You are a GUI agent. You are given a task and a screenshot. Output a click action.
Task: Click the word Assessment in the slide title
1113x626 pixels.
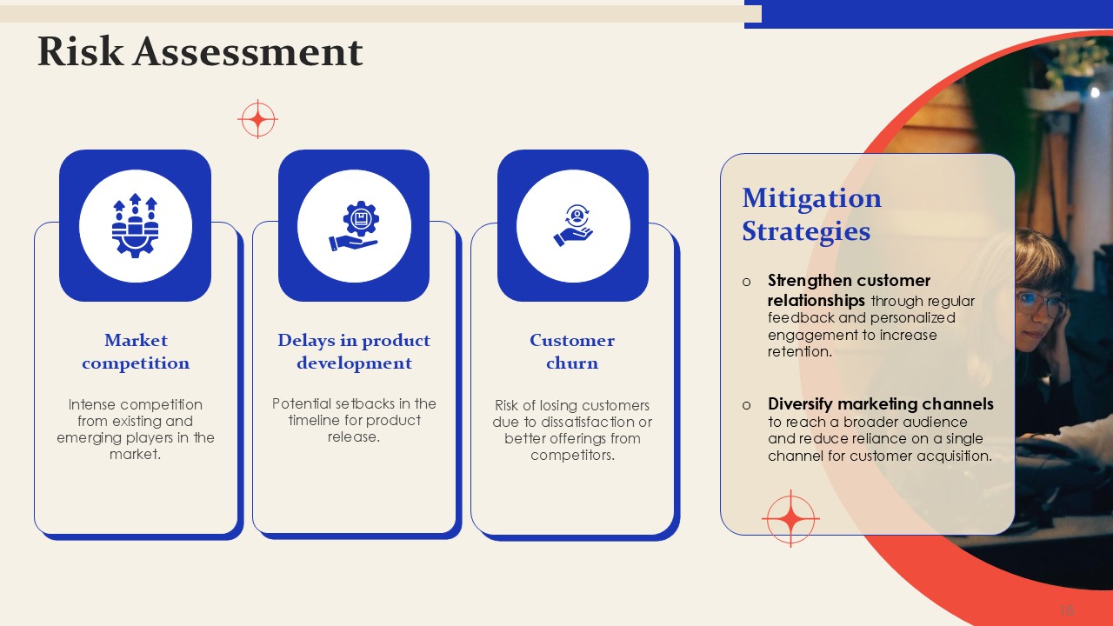pyautogui.click(x=248, y=51)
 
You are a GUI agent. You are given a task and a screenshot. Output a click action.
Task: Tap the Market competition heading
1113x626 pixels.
pyautogui.click(x=136, y=351)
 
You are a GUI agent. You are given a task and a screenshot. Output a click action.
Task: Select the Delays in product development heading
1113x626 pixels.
pyautogui.click(x=354, y=351)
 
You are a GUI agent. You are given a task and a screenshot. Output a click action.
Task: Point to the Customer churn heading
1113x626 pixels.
pyautogui.click(x=572, y=351)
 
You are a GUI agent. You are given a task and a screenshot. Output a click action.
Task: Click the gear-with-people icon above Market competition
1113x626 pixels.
pyautogui.click(x=135, y=225)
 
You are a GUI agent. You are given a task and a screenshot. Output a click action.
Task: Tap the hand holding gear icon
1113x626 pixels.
pyautogui.click(x=354, y=225)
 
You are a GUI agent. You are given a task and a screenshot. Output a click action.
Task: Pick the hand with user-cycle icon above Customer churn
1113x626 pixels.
pyautogui.click(x=573, y=225)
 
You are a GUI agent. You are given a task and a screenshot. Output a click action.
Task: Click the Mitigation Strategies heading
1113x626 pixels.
pyautogui.click(x=812, y=214)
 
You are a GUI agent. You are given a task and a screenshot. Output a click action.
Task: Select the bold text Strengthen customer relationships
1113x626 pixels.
pyautogui.click(x=849, y=290)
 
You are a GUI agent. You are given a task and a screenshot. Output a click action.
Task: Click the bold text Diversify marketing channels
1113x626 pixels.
pyautogui.click(x=881, y=404)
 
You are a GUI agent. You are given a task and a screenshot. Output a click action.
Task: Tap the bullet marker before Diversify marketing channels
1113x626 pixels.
pyautogui.click(x=746, y=405)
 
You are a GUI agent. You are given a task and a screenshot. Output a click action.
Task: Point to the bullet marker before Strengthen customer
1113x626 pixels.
pyautogui.click(x=746, y=283)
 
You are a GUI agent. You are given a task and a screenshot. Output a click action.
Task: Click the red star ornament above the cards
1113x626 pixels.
pyautogui.click(x=257, y=119)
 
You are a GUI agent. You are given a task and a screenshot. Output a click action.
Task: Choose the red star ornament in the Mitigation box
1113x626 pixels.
pyautogui.click(x=790, y=518)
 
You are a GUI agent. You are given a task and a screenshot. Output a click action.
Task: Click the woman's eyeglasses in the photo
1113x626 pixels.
pyautogui.click(x=1041, y=303)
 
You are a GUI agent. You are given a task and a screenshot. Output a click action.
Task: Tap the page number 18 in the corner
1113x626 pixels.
pyautogui.click(x=1067, y=609)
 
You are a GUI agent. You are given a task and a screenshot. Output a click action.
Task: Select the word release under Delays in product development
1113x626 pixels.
pyautogui.click(x=353, y=436)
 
